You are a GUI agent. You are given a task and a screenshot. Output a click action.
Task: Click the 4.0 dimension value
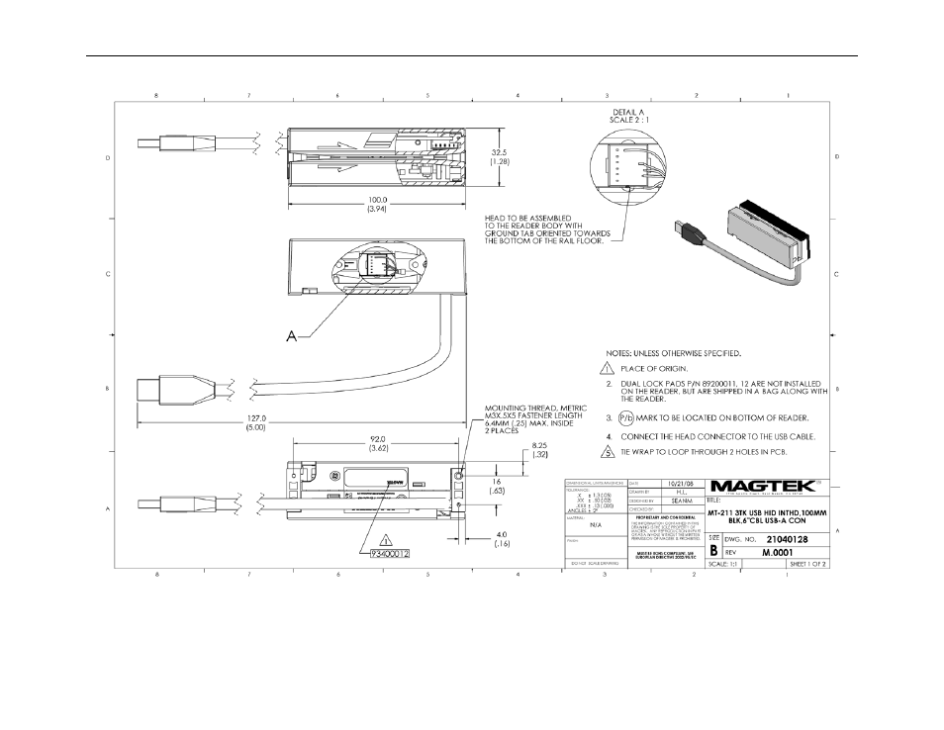(x=504, y=535)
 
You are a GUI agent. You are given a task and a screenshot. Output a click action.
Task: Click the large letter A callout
(x=291, y=336)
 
